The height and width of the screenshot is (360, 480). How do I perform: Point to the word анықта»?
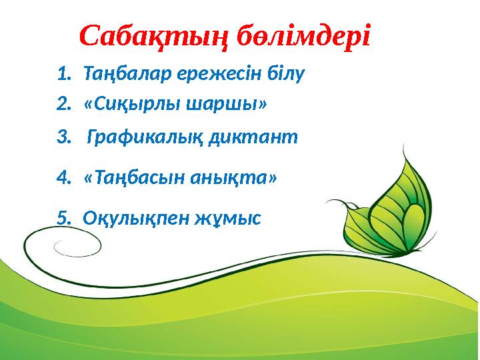[x=235, y=179]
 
